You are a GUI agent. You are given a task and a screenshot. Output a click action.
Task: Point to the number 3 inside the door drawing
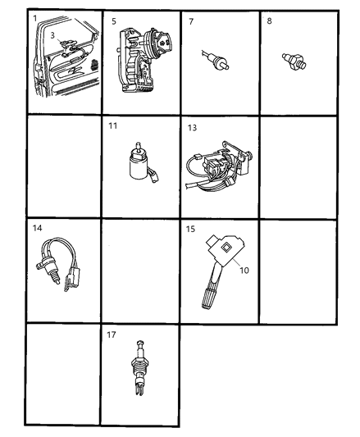coord(52,35)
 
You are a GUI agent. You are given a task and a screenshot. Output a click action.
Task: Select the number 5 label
coord(114,21)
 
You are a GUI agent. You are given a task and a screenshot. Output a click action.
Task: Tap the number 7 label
coord(191,21)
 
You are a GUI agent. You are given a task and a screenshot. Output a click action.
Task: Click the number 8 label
coord(270,21)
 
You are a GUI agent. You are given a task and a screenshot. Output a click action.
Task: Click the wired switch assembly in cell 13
coord(217,167)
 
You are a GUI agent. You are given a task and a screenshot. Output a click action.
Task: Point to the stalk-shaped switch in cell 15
coord(214,279)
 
